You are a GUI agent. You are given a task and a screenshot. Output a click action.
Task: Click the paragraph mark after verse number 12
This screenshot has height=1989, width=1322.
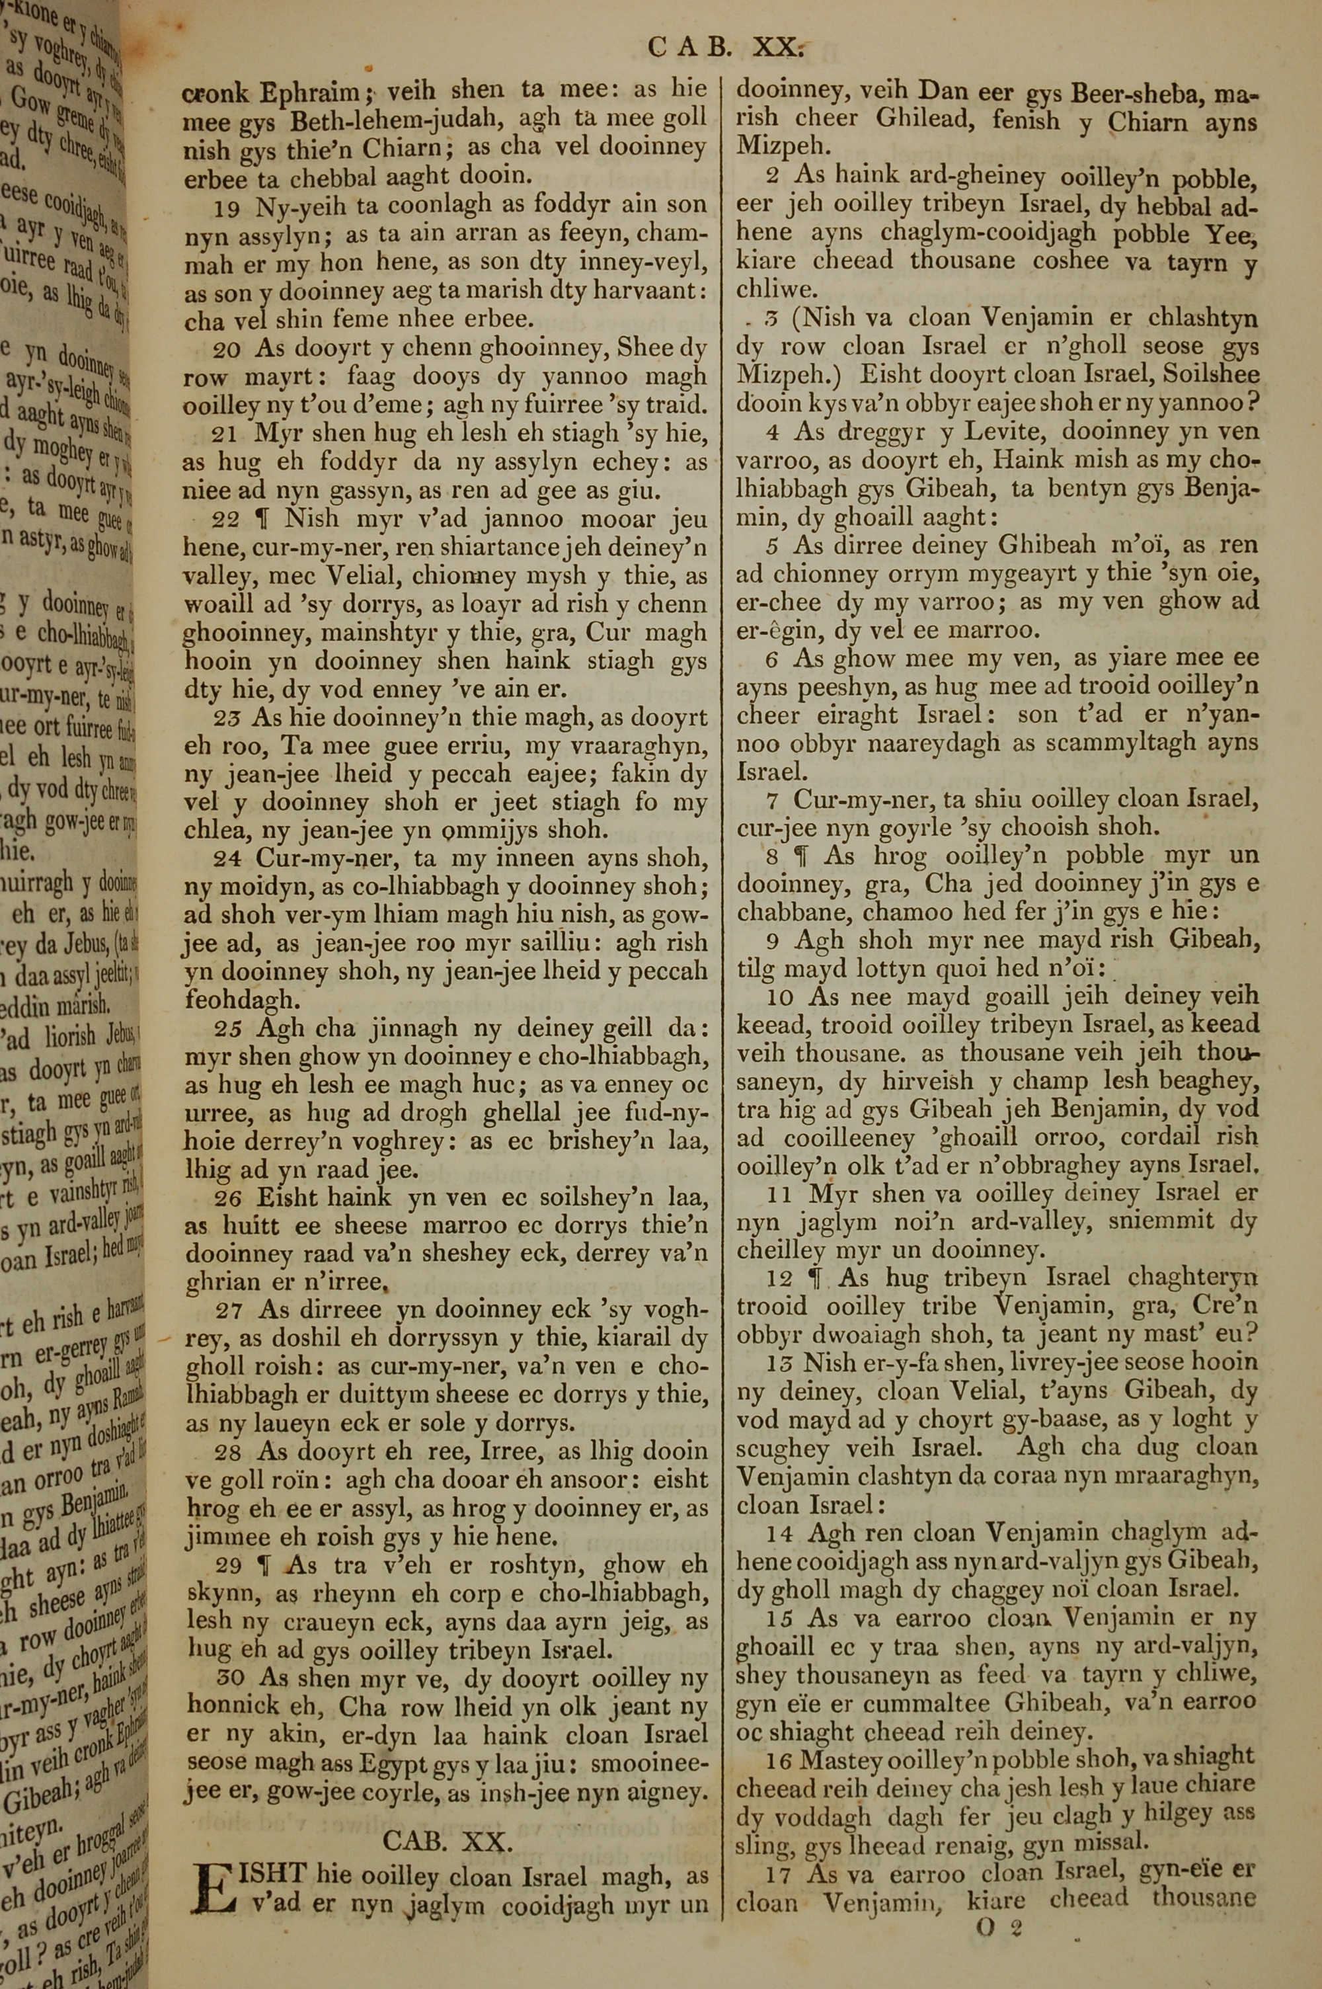[814, 1279]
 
